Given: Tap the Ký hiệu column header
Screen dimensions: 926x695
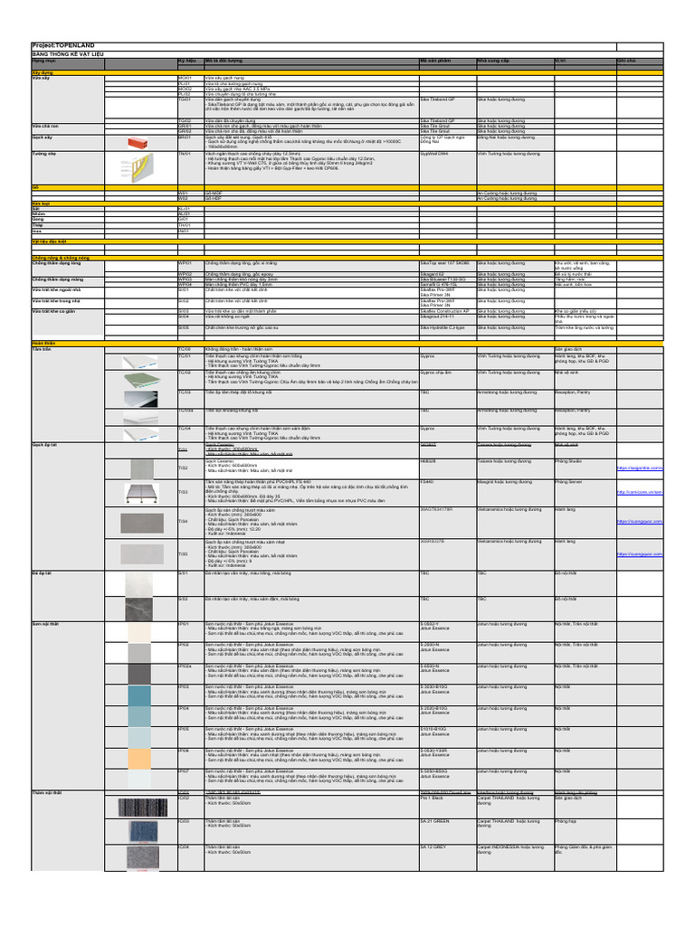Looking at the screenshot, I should pos(187,61).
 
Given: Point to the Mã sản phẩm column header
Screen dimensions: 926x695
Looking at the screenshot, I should pos(435,61).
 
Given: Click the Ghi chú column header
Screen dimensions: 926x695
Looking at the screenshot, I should pos(625,61).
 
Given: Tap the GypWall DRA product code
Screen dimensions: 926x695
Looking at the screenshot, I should pos(436,155).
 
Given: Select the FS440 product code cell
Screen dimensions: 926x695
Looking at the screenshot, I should pos(428,482).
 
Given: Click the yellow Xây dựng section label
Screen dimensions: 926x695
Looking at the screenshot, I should pos(43,71).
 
